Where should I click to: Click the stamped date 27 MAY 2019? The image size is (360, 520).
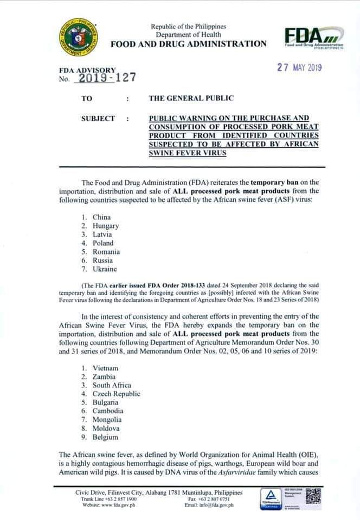pyautogui.click(x=299, y=68)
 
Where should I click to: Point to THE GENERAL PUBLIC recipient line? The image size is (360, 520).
pyautogui.click(x=191, y=99)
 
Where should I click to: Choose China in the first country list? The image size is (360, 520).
pyautogui.click(x=101, y=217)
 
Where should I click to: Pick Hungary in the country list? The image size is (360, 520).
pyautogui.click(x=106, y=226)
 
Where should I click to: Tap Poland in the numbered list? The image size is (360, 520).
pyautogui.click(x=103, y=243)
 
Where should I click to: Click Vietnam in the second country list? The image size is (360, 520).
pyautogui.click(x=105, y=368)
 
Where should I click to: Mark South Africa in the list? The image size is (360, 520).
pyautogui.click(x=112, y=385)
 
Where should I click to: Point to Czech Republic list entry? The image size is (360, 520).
pyautogui.click(x=116, y=394)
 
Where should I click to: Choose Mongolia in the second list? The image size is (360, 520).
pyautogui.click(x=107, y=420)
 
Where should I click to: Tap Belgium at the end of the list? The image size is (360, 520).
pyautogui.click(x=105, y=437)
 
